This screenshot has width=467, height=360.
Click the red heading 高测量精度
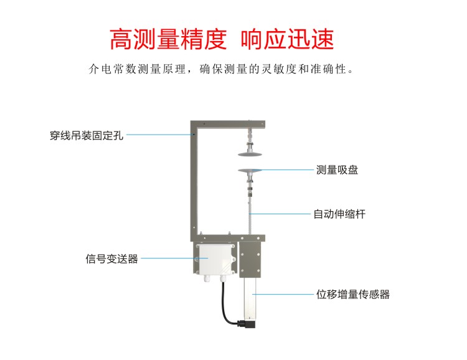(167, 39)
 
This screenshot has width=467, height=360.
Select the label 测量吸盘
(337, 169)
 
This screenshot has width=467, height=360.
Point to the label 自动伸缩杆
(339, 214)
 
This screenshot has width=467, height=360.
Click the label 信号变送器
(111, 258)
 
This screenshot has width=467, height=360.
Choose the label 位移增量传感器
(353, 294)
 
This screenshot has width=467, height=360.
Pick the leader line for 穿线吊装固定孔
(159, 135)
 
